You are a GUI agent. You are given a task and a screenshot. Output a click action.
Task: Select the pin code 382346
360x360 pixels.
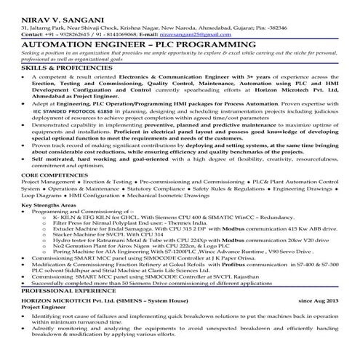coord(273,26)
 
